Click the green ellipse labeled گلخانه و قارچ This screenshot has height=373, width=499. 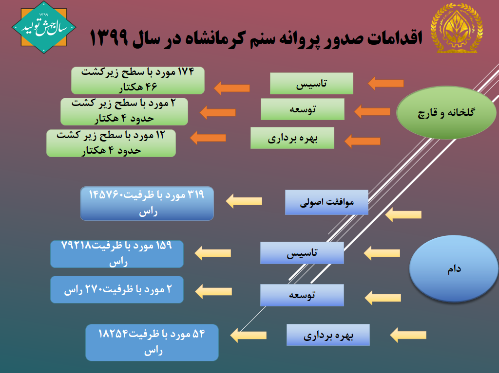446,112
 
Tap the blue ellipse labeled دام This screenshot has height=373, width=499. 454,268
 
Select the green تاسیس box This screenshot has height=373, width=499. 311,83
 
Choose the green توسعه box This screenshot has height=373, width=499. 302,109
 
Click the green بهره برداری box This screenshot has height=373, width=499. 292,138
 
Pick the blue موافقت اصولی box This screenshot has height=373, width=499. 326,202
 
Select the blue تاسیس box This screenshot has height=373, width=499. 302,253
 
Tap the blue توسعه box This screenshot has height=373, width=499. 302,295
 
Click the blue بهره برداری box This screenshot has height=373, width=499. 328,335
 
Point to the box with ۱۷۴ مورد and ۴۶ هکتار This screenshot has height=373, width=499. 138,80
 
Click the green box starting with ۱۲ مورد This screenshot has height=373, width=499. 111,143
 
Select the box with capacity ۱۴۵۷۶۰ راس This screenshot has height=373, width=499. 147,203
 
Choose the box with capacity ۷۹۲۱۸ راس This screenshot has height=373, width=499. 117,254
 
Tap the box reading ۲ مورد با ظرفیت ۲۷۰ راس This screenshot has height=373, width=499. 117,289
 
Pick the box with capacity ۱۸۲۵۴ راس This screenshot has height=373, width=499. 152,342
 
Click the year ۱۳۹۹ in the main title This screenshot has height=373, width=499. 109,38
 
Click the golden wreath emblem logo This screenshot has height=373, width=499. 457,28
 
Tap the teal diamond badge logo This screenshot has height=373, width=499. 44,27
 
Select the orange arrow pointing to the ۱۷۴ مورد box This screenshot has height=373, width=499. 231,88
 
